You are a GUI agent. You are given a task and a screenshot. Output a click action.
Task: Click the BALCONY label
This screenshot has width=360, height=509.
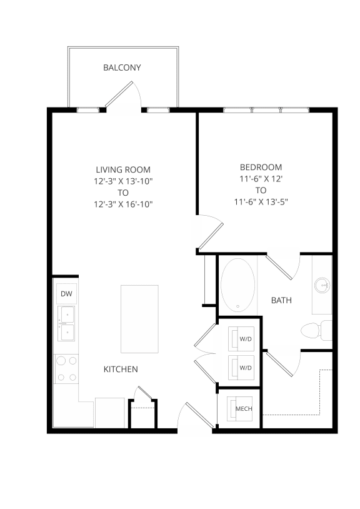pyautogui.click(x=122, y=68)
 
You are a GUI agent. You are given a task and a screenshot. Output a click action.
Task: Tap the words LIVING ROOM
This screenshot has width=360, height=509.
pyautogui.click(x=123, y=169)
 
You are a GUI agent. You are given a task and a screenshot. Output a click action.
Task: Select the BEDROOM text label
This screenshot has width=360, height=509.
pyautogui.click(x=261, y=167)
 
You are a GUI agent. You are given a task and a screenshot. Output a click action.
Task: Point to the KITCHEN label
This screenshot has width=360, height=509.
pyautogui.click(x=121, y=370)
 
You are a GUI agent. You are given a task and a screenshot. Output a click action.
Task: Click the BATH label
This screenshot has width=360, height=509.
pyautogui.click(x=281, y=301)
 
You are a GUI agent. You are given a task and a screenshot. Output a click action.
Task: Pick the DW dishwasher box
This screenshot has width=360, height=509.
pyautogui.click(x=66, y=293)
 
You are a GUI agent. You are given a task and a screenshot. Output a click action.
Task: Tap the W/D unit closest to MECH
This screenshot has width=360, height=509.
pyautogui.click(x=245, y=368)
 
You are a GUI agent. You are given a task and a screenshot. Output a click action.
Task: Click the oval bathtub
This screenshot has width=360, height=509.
pyautogui.click(x=237, y=285)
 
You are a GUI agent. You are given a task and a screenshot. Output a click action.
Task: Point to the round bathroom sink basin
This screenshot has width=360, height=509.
pyautogui.click(x=323, y=286)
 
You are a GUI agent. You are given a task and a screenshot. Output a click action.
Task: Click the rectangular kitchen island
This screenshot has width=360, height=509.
pyautogui.click(x=139, y=319)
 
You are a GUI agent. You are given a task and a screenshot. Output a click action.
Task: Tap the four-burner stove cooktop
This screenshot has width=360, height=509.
pyautogui.click(x=66, y=368)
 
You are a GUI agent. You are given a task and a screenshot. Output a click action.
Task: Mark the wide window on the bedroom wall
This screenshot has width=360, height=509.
pyautogui.click(x=266, y=110)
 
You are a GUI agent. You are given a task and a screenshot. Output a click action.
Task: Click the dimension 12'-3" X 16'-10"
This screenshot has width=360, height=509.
pyautogui.click(x=123, y=204)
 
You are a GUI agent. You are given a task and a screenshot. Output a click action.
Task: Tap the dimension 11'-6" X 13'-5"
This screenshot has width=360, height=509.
pyautogui.click(x=261, y=201)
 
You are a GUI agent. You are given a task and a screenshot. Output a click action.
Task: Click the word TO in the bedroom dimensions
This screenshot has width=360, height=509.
pyautogui.click(x=261, y=190)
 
